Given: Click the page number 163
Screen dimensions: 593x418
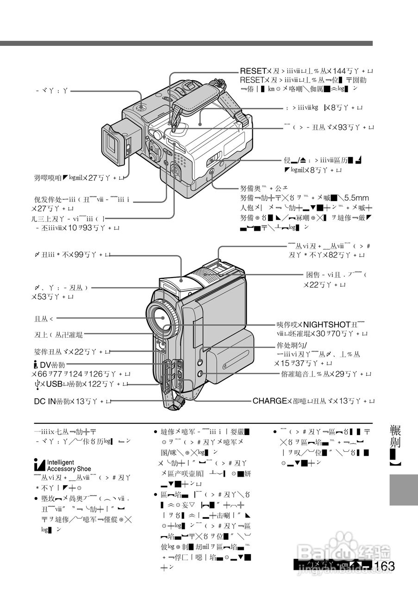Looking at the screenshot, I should pos(386,566).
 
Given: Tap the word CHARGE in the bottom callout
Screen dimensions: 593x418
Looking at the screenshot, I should pos(269,401).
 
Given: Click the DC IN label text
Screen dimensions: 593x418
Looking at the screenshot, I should pos(45,401).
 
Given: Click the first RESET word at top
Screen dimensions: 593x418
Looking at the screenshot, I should pos(252,71).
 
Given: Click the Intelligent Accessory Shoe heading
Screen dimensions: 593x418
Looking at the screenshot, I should pos(69,466).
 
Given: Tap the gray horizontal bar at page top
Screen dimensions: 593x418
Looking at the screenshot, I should pos(185,43).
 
